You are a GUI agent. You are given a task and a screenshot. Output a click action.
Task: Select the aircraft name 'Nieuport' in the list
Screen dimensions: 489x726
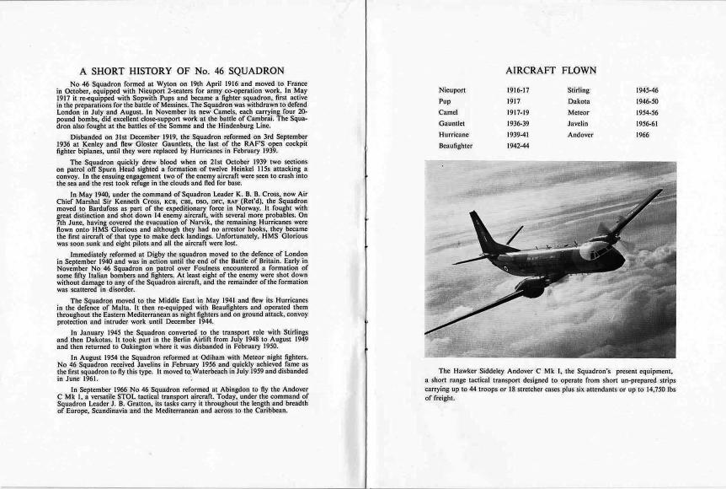pyautogui.click(x=452, y=89)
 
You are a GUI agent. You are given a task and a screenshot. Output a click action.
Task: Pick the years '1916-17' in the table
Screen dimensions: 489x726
pyautogui.click(x=519, y=89)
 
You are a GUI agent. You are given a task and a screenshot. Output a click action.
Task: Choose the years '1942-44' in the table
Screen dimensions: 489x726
pyautogui.click(x=519, y=146)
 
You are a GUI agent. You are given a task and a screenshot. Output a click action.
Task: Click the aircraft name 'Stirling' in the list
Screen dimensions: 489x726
pyautogui.click(x=579, y=89)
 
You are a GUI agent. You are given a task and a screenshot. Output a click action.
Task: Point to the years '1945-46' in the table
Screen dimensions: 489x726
pyautogui.click(x=648, y=89)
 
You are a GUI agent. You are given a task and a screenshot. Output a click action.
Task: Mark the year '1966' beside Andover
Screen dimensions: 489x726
pyautogui.click(x=643, y=134)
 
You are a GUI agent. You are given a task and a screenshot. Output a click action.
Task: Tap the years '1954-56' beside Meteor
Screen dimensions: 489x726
pyautogui.click(x=648, y=112)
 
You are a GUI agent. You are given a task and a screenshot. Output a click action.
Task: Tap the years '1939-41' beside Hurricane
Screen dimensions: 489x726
pyautogui.click(x=519, y=134)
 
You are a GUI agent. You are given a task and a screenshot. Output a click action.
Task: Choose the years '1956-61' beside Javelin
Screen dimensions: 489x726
pyautogui.click(x=648, y=123)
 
